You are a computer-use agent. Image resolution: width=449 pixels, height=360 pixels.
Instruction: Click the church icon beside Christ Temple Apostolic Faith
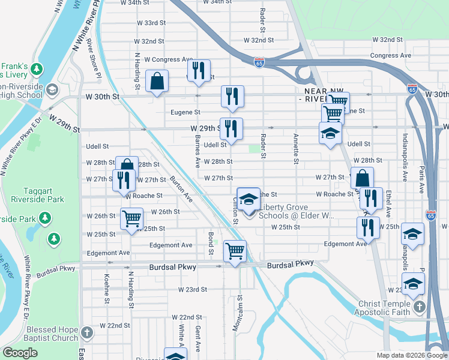pos(419,307)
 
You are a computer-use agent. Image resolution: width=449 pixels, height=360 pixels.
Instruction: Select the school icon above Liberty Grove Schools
pos(249,200)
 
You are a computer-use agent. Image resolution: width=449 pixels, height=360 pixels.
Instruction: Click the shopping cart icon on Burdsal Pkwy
pos(234,250)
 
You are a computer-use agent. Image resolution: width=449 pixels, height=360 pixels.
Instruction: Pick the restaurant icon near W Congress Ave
pos(199,70)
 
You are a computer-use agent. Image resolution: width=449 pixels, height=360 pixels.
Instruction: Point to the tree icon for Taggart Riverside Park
pos(54,239)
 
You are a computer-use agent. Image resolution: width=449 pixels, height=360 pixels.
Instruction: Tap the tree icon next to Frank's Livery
pos(37,70)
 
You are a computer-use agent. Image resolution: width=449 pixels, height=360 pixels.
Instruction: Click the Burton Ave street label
pos(181,188)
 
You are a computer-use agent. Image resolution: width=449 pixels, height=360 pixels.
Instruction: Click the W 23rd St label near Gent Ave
pos(192,289)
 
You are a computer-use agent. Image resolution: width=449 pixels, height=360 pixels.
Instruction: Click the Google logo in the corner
pos(20,353)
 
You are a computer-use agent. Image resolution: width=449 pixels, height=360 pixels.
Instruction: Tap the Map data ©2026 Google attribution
pos(411,355)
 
